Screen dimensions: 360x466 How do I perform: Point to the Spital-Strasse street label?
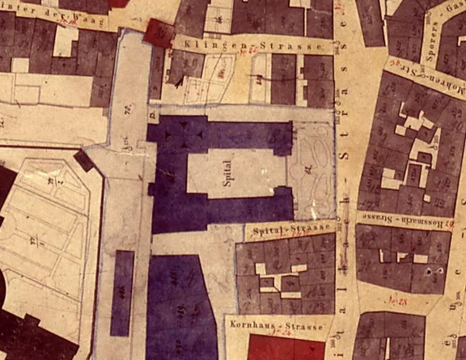(x=282, y=231)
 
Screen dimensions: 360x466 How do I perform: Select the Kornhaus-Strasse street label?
(x=277, y=326)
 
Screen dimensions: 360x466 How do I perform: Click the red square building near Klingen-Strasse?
(x=159, y=33)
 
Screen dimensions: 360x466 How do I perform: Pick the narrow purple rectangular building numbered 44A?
(x=122, y=292)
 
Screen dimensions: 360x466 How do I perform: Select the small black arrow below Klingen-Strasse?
(x=174, y=80)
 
